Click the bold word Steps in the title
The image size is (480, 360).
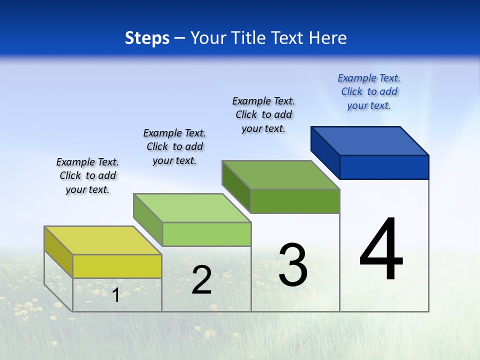[147, 38]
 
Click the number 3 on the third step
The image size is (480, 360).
[293, 265]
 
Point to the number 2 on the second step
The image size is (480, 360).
[201, 280]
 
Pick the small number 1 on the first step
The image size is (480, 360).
[115, 295]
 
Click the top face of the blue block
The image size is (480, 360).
[370, 140]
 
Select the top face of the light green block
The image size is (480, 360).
[192, 207]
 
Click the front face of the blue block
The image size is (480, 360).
[384, 167]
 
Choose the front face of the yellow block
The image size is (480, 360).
[117, 266]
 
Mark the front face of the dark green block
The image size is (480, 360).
[295, 201]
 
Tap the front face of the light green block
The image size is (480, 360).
[206, 234]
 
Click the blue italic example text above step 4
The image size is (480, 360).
[369, 92]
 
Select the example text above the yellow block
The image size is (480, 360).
[87, 176]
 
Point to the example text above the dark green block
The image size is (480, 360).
[263, 115]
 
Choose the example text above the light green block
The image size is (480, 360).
[174, 146]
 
